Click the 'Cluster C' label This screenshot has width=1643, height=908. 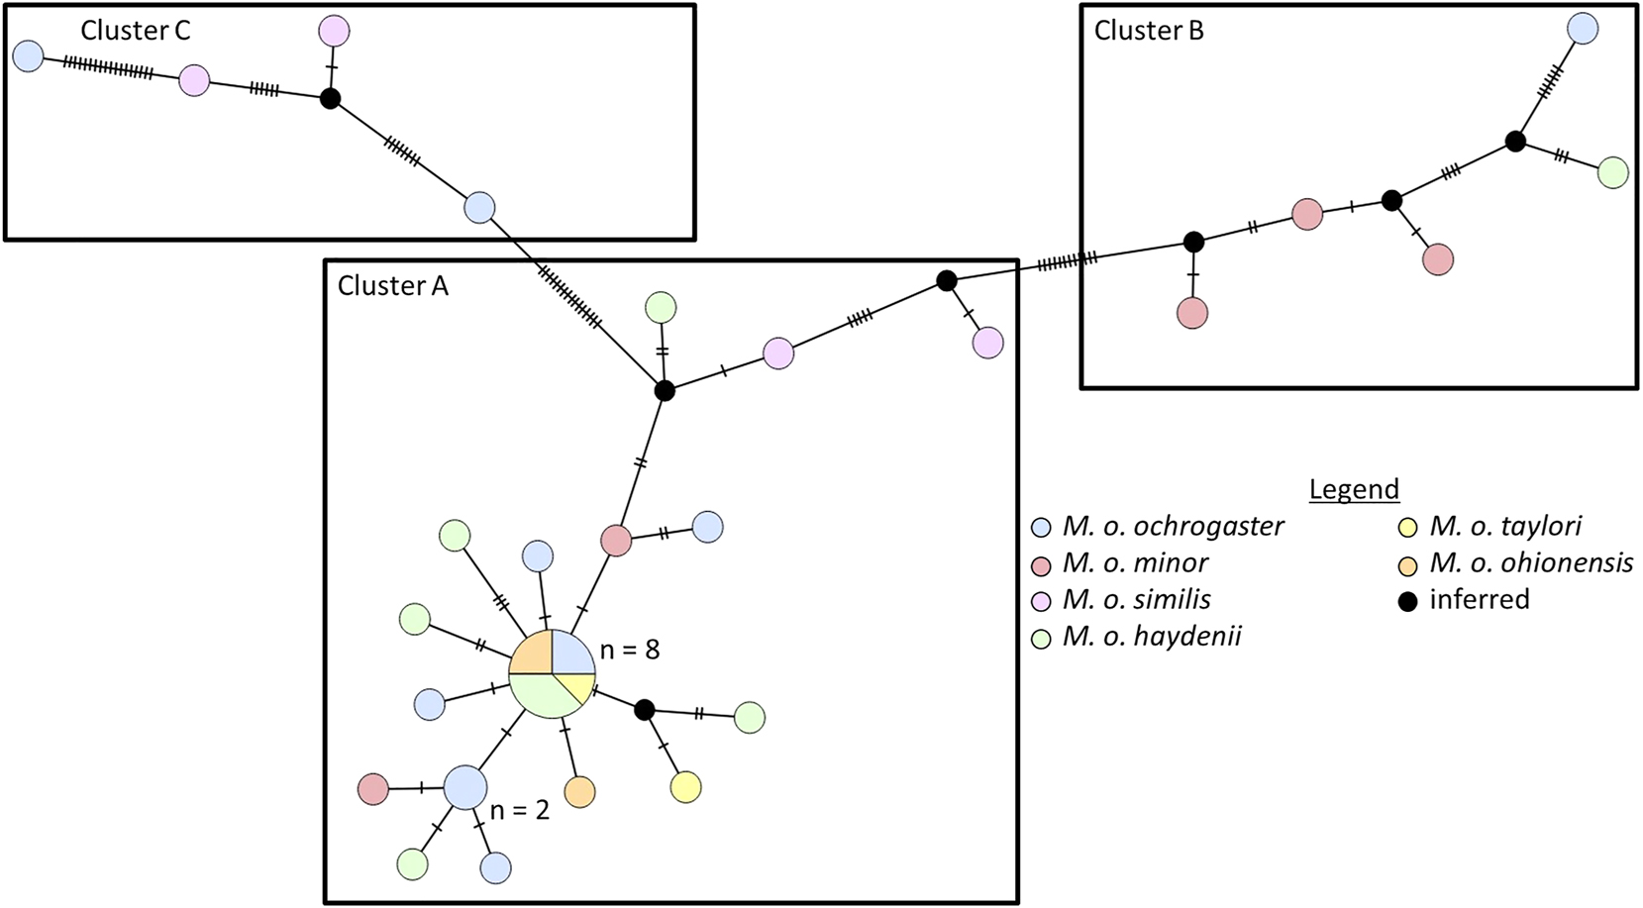(135, 31)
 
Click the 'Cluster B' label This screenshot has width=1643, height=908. (1149, 31)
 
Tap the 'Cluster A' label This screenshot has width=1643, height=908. (392, 286)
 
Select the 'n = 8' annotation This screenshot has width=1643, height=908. (630, 650)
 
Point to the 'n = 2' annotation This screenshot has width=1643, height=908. (519, 810)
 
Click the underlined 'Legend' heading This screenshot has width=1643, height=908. (1354, 489)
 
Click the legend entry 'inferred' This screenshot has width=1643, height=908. (1479, 599)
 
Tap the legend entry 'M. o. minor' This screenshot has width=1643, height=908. (1135, 562)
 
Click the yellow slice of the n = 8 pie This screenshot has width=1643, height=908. (577, 685)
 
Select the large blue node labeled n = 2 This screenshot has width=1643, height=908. (465, 787)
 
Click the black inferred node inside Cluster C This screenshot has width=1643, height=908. (331, 99)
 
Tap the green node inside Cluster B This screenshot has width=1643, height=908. (1613, 172)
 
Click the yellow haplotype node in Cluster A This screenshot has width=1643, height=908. (685, 787)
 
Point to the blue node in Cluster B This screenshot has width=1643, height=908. (1583, 28)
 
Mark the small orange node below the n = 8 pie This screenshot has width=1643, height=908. (579, 792)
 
